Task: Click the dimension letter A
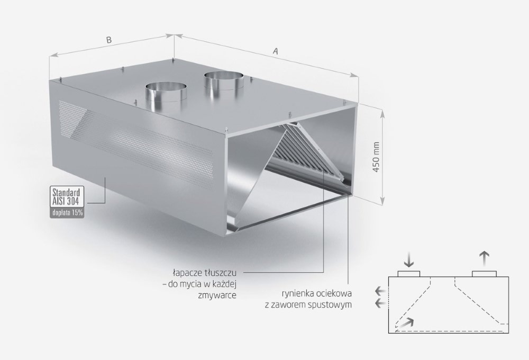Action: pyautogui.click(x=276, y=51)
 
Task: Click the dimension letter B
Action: pyautogui.click(x=108, y=40)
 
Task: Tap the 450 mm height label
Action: pyautogui.click(x=377, y=157)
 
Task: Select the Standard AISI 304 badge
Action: pyautogui.click(x=67, y=197)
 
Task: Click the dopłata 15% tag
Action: pyautogui.click(x=67, y=213)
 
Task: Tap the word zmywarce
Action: pyautogui.click(x=217, y=295)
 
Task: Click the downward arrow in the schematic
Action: pyautogui.click(x=409, y=259)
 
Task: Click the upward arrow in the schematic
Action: pyautogui.click(x=484, y=259)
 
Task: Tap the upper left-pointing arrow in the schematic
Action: pyautogui.click(x=380, y=291)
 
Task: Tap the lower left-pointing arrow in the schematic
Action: pyautogui.click(x=380, y=303)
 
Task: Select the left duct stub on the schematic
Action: pyautogui.click(x=409, y=274)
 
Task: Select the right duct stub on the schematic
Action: pyautogui.click(x=484, y=274)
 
